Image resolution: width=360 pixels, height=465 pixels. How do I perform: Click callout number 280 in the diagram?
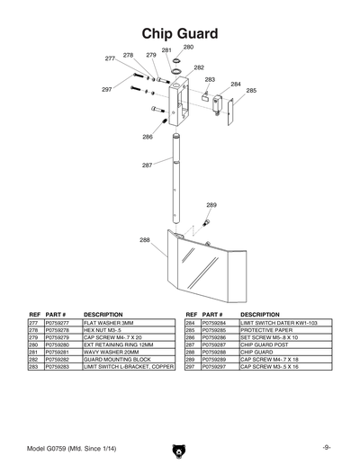point(188,46)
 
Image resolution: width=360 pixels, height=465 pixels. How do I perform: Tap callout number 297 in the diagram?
point(106,90)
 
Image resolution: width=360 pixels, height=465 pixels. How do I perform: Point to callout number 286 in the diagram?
point(147,138)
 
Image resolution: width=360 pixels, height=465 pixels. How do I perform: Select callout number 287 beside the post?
point(147,165)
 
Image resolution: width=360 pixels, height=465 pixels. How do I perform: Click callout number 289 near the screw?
point(211,205)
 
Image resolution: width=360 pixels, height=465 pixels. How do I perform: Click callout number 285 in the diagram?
point(251,91)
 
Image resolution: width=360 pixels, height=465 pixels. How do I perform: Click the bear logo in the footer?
point(179,446)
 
